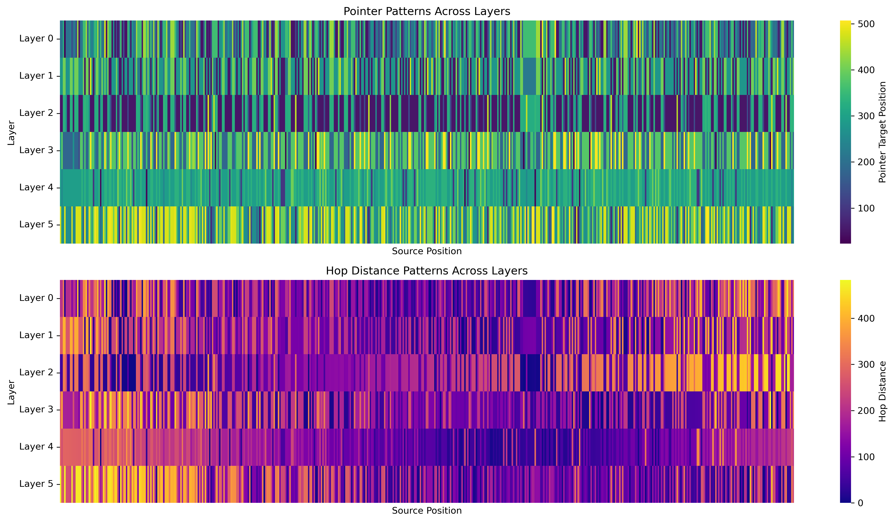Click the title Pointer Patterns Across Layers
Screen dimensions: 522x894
click(x=427, y=11)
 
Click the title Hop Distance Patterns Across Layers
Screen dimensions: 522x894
click(x=427, y=271)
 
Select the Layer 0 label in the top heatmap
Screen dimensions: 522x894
click(x=36, y=39)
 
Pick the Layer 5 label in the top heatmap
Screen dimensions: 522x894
click(x=36, y=224)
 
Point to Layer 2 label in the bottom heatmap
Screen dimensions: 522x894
click(x=36, y=372)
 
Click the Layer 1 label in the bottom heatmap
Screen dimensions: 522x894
click(x=36, y=335)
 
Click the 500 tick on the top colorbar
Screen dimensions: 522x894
click(x=866, y=24)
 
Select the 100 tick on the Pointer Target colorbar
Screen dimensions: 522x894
click(x=866, y=208)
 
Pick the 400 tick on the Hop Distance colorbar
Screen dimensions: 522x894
click(x=866, y=319)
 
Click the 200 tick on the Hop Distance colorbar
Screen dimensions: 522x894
click(x=866, y=411)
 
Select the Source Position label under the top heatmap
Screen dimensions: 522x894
click(x=427, y=252)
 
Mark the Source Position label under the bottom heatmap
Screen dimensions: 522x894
click(x=427, y=511)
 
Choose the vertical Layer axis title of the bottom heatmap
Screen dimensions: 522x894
click(x=11, y=392)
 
